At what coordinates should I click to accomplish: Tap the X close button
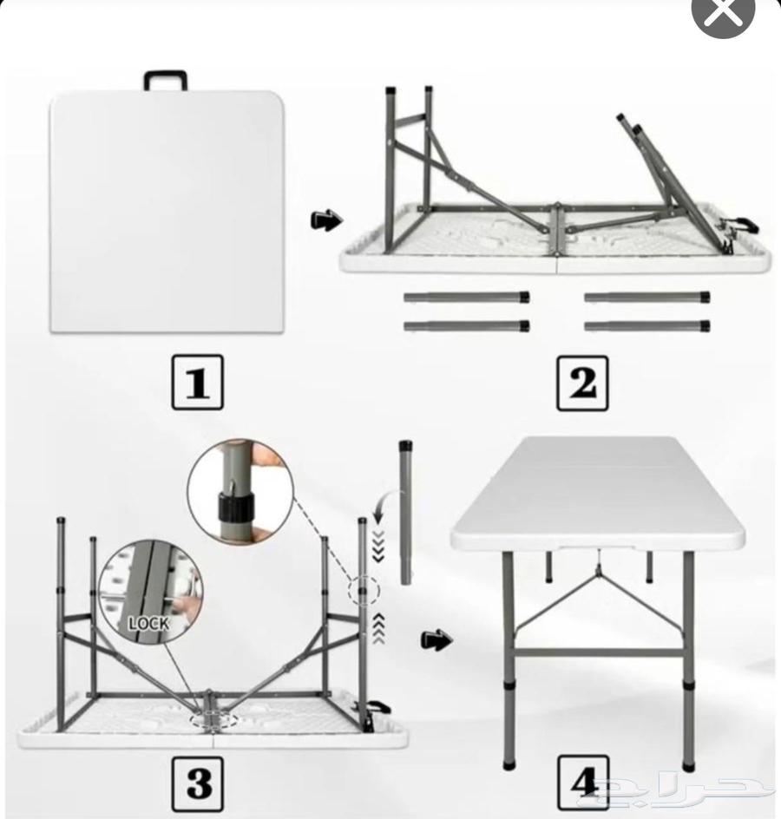click(723, 15)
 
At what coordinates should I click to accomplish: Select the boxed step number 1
click(196, 382)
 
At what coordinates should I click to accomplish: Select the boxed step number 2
click(581, 382)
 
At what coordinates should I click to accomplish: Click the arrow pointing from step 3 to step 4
click(436, 641)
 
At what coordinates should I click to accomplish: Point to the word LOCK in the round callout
click(148, 623)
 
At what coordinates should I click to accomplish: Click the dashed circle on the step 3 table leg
click(364, 591)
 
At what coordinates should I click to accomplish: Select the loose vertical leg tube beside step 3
click(405, 512)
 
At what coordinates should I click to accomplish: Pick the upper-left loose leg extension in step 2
click(467, 298)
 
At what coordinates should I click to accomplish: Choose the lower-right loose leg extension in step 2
click(646, 326)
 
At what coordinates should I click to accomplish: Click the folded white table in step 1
click(165, 213)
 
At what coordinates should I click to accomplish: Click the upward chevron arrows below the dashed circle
click(377, 629)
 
